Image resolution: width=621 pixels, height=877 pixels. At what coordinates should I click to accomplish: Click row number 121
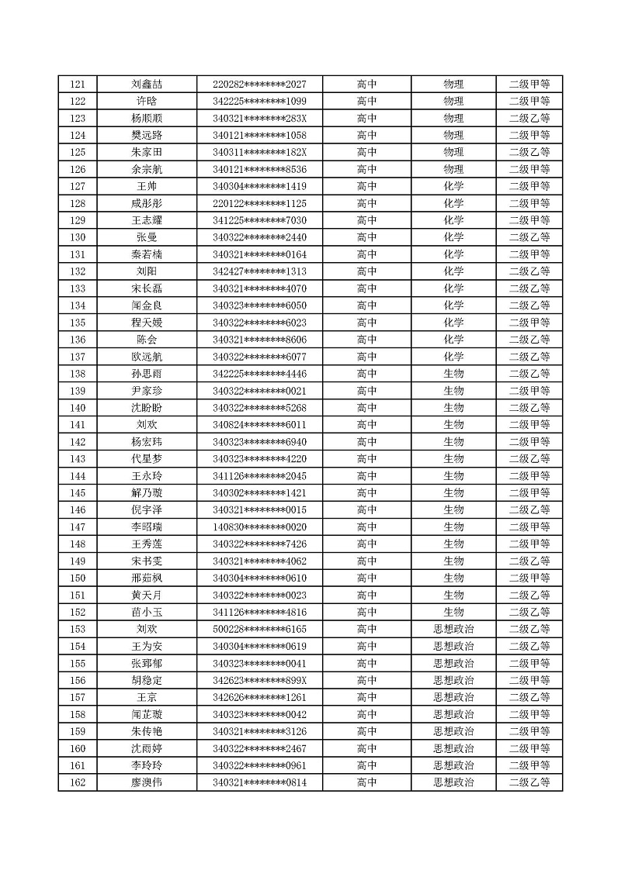point(78,85)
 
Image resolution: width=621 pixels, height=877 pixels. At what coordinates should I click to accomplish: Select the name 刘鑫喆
point(147,85)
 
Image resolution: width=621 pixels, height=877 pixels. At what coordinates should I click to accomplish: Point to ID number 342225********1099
point(259,102)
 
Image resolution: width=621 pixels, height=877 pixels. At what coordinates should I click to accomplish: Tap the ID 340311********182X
point(259,153)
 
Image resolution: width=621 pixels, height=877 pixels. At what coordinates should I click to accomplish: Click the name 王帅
point(147,187)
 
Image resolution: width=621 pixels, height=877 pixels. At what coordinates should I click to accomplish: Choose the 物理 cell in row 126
point(453,170)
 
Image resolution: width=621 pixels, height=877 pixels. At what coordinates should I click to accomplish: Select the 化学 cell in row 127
point(453,187)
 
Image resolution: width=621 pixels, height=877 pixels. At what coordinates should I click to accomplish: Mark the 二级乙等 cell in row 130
point(529,238)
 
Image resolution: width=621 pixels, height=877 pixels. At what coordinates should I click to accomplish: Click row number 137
point(78,357)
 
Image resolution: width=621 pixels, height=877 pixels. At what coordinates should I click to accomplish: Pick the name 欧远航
point(147,357)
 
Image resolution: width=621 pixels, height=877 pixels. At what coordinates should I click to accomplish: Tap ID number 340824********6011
point(259,425)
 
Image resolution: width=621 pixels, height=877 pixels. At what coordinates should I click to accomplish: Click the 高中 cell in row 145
point(366,493)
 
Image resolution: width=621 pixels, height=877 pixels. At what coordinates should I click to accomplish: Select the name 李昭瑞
point(147,527)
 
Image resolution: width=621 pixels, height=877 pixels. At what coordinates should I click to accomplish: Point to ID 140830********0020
point(259,527)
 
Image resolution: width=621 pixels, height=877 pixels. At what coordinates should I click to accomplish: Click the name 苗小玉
point(147,613)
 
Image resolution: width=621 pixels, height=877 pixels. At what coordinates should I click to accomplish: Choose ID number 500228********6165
point(259,630)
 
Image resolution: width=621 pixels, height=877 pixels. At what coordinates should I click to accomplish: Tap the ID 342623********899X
point(259,681)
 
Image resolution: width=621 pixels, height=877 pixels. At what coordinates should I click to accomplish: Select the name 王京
point(147,697)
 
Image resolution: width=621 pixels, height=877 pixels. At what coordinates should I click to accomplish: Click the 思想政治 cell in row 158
point(453,714)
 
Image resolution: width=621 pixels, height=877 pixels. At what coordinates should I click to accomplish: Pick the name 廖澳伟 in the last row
point(147,782)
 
